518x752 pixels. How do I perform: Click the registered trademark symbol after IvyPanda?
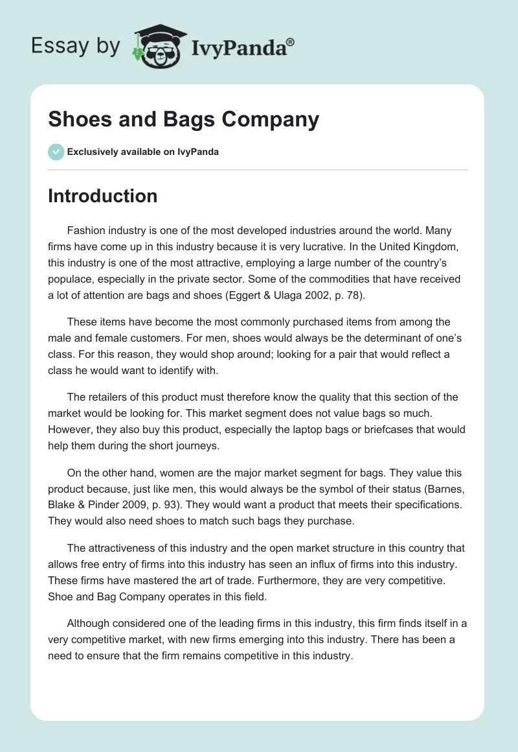point(291,41)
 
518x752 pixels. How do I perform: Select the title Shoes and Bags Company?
point(183,120)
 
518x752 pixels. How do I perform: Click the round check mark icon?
point(56,152)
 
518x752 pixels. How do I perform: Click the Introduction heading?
point(102,196)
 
